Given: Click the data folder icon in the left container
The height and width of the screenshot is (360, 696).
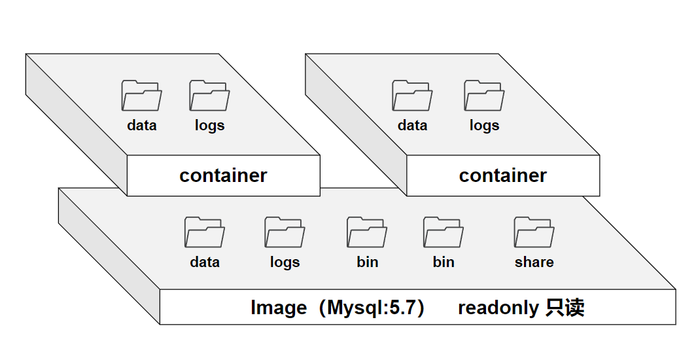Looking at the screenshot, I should pyautogui.click(x=141, y=96).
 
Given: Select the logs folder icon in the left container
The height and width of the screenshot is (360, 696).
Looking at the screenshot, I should pyautogui.click(x=209, y=96).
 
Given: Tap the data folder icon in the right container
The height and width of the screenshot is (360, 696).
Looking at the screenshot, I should pyautogui.click(x=412, y=96).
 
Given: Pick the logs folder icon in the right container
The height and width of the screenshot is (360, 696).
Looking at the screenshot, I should pyautogui.click(x=484, y=96).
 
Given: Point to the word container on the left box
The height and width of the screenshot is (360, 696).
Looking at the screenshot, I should pyautogui.click(x=223, y=175).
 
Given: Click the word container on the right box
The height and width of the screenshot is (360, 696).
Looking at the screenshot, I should pyautogui.click(x=502, y=175).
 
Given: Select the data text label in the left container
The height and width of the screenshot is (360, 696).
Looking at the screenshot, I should pyautogui.click(x=142, y=125).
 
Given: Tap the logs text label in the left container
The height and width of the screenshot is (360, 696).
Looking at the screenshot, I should pyautogui.click(x=209, y=126).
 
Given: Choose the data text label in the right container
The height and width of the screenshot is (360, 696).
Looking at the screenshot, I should pyautogui.click(x=412, y=125).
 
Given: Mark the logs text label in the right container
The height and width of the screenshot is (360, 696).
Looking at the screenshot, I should pyautogui.click(x=484, y=126).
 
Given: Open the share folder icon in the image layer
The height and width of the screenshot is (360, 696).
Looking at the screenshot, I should pyautogui.click(x=534, y=232).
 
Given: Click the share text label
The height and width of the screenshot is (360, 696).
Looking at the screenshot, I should pyautogui.click(x=534, y=262).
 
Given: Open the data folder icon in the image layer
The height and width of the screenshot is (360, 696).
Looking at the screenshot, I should pyautogui.click(x=204, y=232).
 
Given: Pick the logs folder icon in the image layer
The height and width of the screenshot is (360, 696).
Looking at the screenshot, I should pyautogui.click(x=285, y=232).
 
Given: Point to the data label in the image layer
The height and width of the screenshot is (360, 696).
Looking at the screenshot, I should pyautogui.click(x=205, y=262).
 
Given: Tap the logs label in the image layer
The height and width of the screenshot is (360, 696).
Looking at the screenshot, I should pyautogui.click(x=285, y=262).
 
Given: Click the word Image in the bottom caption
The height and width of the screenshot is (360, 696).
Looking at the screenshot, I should pyautogui.click(x=278, y=308).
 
